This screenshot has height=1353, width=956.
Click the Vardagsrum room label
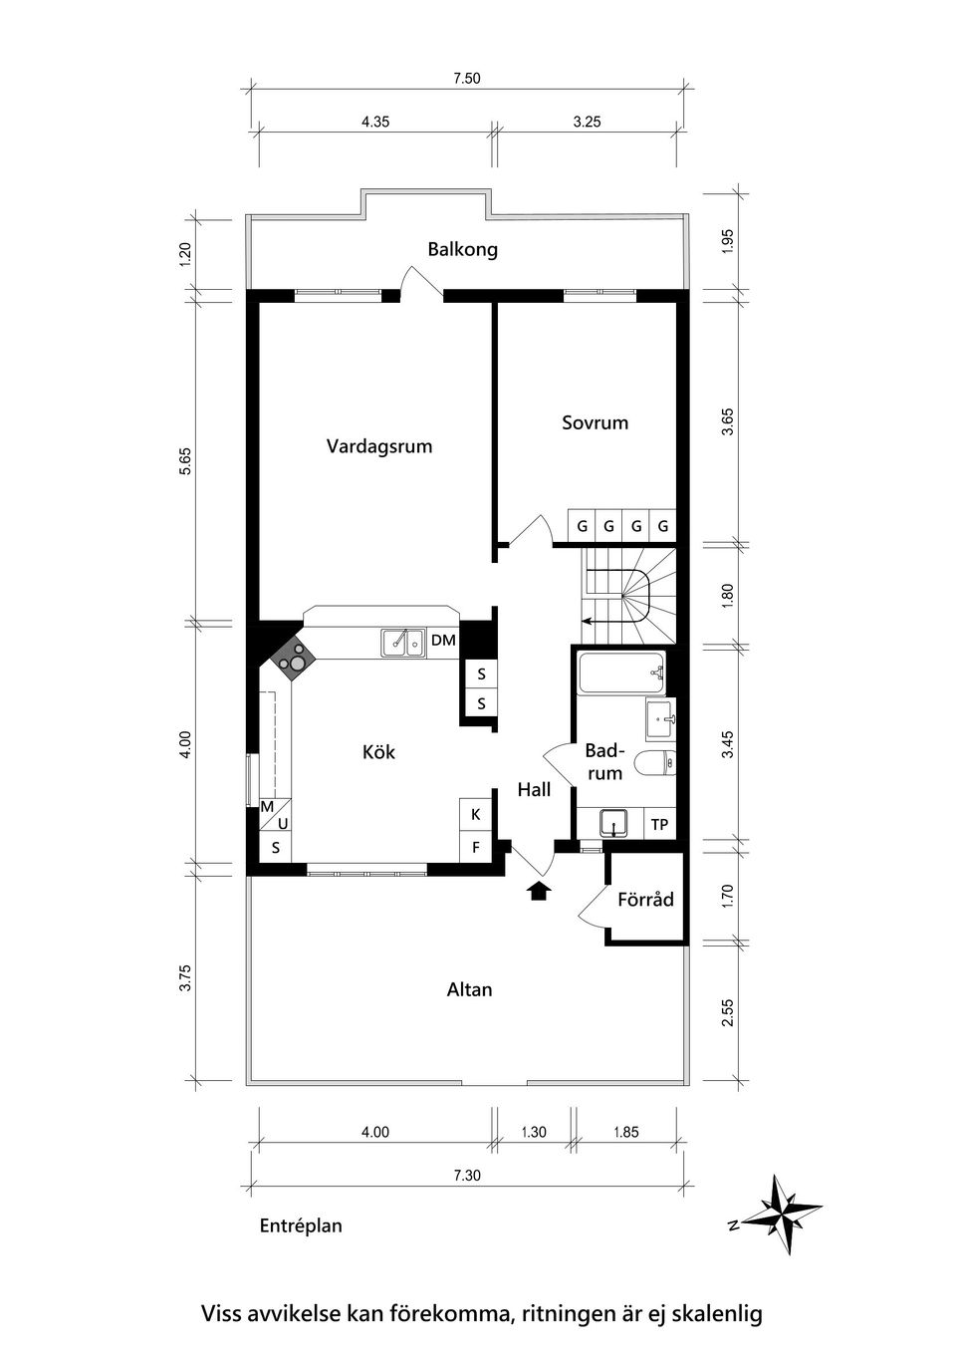click(379, 446)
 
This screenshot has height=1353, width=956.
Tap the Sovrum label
click(596, 422)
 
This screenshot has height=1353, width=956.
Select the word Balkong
click(463, 249)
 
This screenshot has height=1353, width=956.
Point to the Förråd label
click(645, 900)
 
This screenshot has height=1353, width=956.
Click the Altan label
click(470, 989)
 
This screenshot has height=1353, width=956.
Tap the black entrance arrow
click(539, 891)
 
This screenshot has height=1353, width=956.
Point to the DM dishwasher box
click(443, 641)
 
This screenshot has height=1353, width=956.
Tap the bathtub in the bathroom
click(621, 672)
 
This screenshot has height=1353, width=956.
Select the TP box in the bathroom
click(659, 824)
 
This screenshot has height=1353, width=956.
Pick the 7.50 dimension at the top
click(467, 79)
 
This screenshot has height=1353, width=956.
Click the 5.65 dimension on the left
click(185, 461)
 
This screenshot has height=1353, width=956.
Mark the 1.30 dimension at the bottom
click(534, 1133)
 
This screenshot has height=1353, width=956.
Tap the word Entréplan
click(301, 1225)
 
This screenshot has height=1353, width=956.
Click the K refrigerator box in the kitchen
click(476, 814)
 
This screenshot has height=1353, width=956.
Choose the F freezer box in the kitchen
click(476, 847)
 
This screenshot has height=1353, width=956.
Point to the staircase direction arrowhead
click(585, 620)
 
